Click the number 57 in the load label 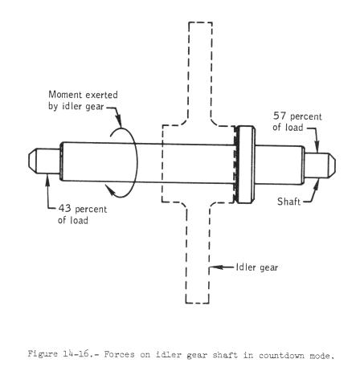click(280, 116)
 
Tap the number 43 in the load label click(65, 208)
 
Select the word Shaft click(288, 202)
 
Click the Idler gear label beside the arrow click(257, 267)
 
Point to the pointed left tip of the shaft click(29, 161)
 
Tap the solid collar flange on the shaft click(245, 165)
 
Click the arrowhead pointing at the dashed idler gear click(215, 267)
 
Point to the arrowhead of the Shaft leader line click(317, 183)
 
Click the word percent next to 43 click(91, 210)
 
